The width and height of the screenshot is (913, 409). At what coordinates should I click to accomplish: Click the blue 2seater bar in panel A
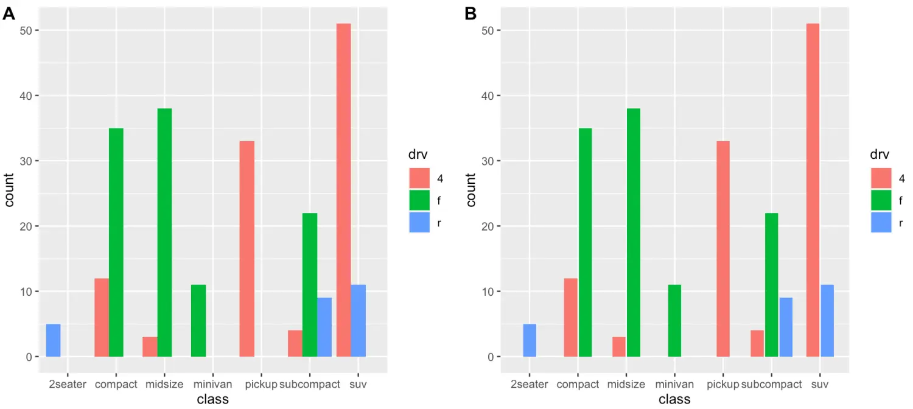(54, 340)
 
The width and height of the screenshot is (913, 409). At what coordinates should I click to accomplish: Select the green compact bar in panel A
(116, 242)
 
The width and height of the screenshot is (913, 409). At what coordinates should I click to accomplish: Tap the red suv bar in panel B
(813, 190)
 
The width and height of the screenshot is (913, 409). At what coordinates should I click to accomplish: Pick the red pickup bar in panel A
(247, 249)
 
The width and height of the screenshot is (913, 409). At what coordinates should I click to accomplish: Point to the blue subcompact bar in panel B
(786, 327)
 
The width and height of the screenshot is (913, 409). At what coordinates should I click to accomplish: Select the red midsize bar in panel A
(150, 347)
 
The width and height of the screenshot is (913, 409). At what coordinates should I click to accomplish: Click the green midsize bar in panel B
(634, 232)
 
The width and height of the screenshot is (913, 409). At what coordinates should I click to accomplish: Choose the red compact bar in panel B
(570, 317)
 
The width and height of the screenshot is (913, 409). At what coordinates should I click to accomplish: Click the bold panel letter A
(9, 14)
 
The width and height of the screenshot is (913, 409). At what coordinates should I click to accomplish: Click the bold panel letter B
(470, 14)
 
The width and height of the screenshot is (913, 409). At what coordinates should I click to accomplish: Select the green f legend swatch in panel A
(419, 200)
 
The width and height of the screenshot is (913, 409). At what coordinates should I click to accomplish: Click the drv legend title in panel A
(418, 155)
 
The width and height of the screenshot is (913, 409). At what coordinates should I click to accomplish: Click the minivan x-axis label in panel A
(213, 385)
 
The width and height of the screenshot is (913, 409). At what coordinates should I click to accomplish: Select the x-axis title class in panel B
(674, 399)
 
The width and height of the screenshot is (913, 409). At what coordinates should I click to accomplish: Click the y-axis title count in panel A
(10, 190)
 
